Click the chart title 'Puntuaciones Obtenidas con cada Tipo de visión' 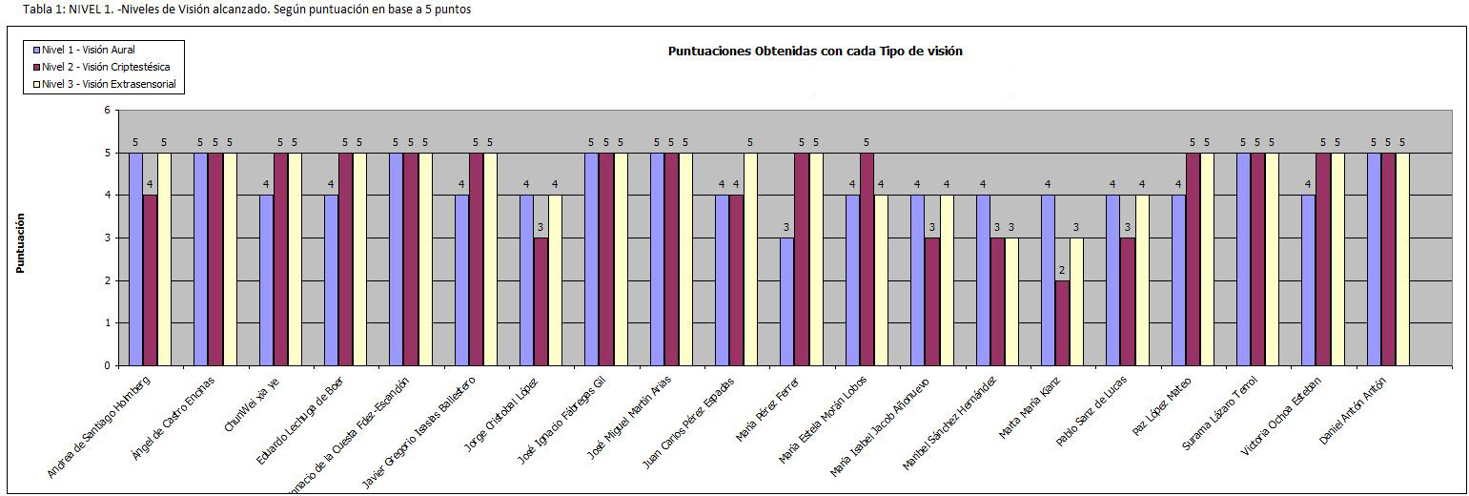(815, 52)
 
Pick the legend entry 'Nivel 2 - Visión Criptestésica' (105, 67)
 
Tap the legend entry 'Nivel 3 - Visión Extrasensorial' (108, 84)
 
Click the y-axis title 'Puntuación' (20, 243)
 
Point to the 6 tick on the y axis (107, 111)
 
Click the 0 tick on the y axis (107, 365)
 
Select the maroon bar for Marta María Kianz (1062, 322)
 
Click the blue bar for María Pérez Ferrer (786, 301)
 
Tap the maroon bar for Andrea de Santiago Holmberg (150, 280)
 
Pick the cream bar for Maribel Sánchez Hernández (1011, 301)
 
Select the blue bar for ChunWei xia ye (266, 280)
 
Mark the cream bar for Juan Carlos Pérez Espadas (750, 259)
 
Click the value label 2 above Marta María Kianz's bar (1062, 271)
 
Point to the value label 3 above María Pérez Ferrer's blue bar (786, 228)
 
